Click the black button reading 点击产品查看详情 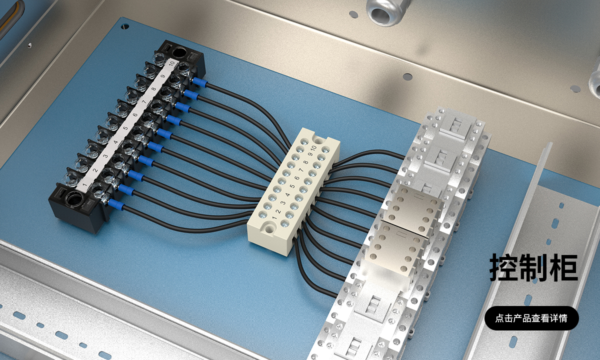pyautogui.click(x=531, y=318)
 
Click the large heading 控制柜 pyautogui.click(x=533, y=267)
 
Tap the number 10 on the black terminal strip pyautogui.click(x=171, y=64)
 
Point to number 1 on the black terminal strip pyautogui.click(x=85, y=184)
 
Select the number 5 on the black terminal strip pyautogui.click(x=125, y=128)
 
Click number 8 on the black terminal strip pyautogui.click(x=153, y=89)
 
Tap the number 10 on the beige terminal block pyautogui.click(x=313, y=147)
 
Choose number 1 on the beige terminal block pyautogui.click(x=274, y=217)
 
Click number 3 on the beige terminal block pyautogui.click(x=283, y=202)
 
